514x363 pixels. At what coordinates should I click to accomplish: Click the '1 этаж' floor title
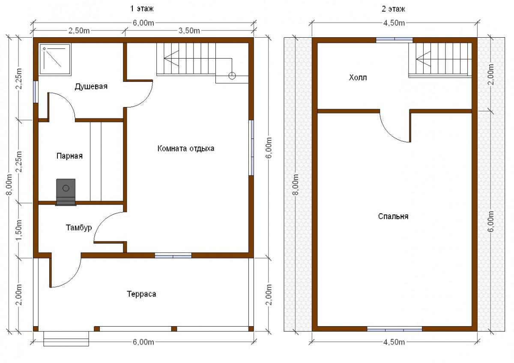coord(142,9)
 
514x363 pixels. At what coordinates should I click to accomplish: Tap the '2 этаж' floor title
coord(394,9)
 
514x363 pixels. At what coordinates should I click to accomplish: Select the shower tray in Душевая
coord(55,59)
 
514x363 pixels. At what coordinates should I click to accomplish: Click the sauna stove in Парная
coord(66,192)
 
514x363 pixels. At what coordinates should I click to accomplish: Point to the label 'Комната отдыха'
coord(186,149)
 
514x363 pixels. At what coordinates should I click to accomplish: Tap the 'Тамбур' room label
coord(79,227)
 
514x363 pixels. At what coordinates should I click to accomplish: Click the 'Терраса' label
coord(141,294)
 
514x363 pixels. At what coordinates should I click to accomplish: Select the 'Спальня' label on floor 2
coord(393,216)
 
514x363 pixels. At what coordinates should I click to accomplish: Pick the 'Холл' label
coord(358,77)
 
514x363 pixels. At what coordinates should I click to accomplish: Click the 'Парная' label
coord(69,156)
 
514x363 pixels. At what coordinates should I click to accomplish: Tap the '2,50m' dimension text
coord(79,30)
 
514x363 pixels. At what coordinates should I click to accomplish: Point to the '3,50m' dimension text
coord(189,30)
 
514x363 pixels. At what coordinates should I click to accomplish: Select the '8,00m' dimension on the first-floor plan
coord(9,184)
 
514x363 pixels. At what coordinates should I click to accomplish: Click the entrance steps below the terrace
coord(66,339)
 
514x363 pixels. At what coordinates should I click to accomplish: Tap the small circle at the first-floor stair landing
coord(232,76)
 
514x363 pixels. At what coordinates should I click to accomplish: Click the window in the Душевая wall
coord(36,92)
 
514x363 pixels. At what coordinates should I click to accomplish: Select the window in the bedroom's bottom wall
coord(394,329)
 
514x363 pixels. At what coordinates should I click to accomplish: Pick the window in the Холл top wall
coord(394,40)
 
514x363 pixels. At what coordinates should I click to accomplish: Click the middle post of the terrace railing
coord(174,329)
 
